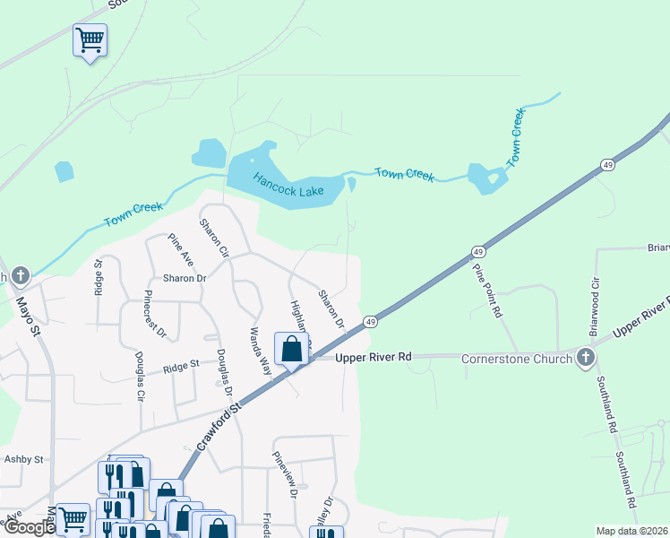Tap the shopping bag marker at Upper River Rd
tap(292, 349)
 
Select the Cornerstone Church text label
tap(517, 359)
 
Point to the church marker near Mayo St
tap(20, 274)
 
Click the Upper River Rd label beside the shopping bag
tap(373, 357)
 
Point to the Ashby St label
tap(24, 459)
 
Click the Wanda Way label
tap(260, 349)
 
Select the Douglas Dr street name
tap(224, 373)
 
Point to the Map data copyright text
tap(631, 531)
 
